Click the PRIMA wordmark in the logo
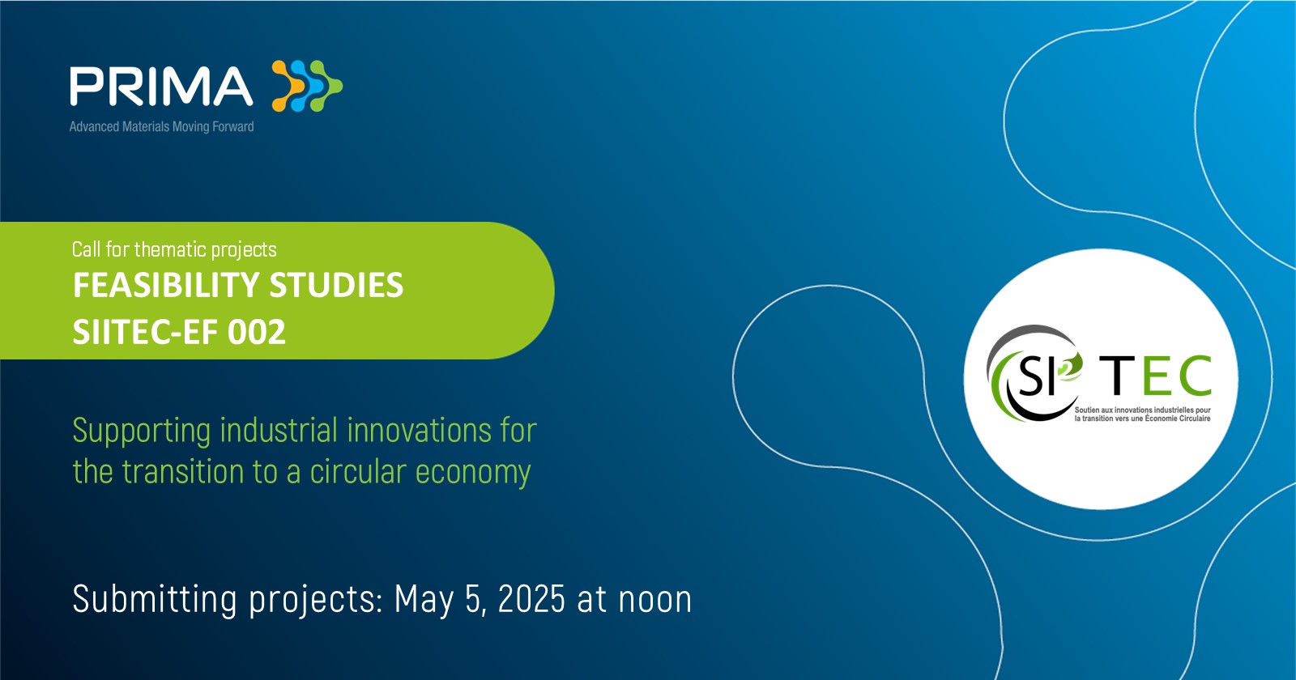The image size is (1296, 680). click(x=161, y=86)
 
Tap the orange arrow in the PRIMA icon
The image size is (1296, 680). click(x=288, y=86)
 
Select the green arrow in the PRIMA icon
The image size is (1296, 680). click(x=326, y=86)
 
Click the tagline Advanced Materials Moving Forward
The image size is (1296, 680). click(x=161, y=126)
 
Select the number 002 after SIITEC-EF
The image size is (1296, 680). click(x=256, y=332)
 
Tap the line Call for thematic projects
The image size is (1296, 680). click(x=174, y=250)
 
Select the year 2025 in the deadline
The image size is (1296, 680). click(x=531, y=599)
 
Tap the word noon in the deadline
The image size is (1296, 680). click(x=655, y=601)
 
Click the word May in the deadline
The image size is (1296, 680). click(x=424, y=601)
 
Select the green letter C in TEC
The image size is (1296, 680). click(x=1194, y=375)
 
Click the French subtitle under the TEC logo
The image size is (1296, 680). click(x=1143, y=414)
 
